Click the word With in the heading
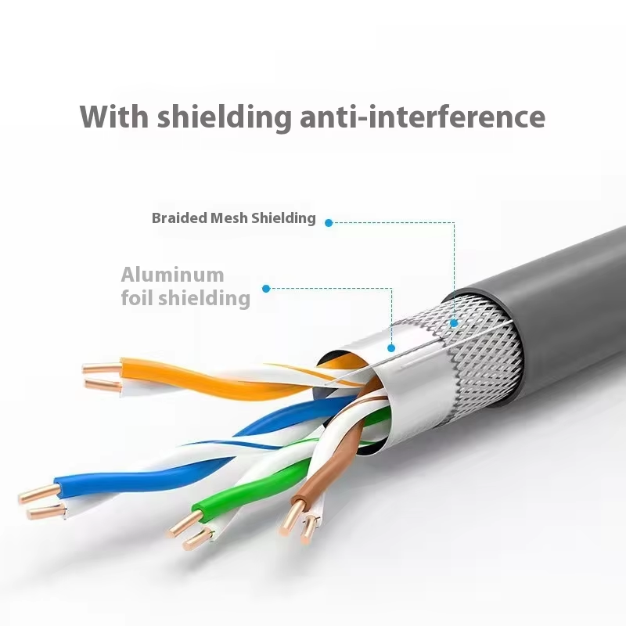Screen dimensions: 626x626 tap(113, 117)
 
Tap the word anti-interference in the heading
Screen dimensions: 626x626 tap(423, 117)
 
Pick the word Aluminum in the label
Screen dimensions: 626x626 tap(172, 275)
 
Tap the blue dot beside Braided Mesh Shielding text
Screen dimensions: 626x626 tap(329, 223)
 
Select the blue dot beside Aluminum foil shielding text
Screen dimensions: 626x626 tap(266, 289)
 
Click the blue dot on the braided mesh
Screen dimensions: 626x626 tap(454, 322)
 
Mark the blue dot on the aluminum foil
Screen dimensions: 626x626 tap(391, 347)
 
